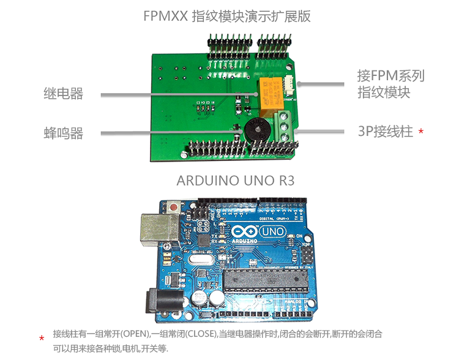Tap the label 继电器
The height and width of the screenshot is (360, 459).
(63, 94)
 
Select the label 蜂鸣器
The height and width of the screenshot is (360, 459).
(63, 133)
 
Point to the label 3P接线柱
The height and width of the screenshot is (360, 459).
(386, 132)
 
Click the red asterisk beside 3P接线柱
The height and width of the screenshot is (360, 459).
(420, 132)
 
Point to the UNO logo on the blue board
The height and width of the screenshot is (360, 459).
(272, 231)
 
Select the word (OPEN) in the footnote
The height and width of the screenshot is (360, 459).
(135, 334)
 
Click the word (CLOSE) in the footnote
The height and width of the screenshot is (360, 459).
(199, 334)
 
